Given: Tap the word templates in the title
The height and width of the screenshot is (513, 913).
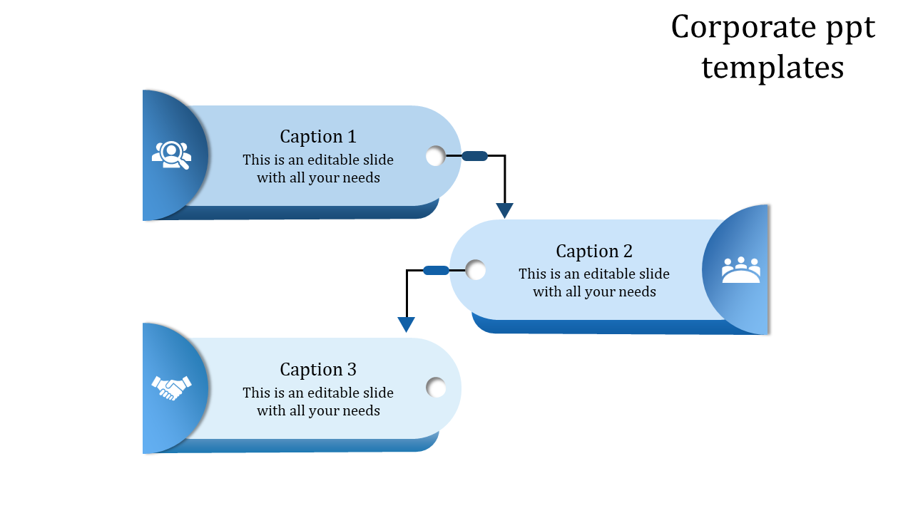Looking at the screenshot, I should coord(772,68).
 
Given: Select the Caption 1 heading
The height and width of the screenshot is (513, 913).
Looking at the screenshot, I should coord(317,136).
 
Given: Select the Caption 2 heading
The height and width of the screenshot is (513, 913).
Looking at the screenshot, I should coord(593,251).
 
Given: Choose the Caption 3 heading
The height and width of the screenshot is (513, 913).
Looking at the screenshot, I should coord(317,369).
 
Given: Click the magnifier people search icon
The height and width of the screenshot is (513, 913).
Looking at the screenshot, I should coord(171,155).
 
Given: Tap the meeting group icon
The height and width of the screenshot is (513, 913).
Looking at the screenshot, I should coord(740,270).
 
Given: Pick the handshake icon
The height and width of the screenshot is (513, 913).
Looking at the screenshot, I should coord(171,388).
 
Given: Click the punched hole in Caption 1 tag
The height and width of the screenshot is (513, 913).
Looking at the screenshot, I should coord(435,156).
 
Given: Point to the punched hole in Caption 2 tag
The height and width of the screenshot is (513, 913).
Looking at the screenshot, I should coord(476,270).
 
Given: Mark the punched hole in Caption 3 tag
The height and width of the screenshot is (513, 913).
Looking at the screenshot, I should coord(436,388).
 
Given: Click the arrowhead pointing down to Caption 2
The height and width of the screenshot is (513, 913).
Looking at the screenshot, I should coord(505,210).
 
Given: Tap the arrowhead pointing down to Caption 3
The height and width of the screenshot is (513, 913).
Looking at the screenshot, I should coord(406,325).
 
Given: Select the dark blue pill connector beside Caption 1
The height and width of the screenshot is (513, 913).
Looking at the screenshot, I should coord(474,156).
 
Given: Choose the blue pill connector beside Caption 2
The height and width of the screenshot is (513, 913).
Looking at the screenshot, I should coord(436,270).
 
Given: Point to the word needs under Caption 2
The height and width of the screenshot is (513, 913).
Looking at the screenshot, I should coord(638,291).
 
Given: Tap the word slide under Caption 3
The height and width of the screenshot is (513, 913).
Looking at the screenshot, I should coord(377,393).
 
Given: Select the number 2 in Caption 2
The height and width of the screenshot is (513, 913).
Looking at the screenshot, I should coord(627,251).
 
